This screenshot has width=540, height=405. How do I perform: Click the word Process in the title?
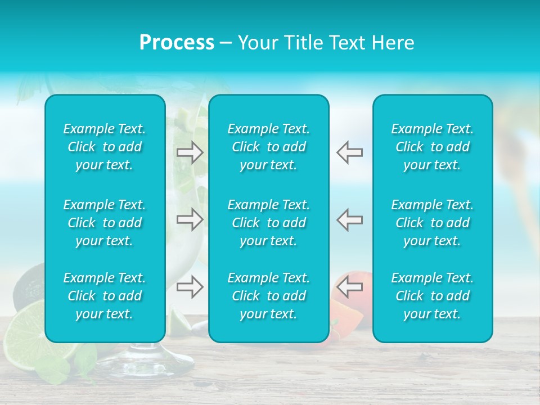177,43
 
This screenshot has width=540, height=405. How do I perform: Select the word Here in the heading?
393,43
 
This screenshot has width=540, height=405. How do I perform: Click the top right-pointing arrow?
190,152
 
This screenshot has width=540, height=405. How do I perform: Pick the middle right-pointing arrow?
190,219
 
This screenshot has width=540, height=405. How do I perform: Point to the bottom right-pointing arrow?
190,287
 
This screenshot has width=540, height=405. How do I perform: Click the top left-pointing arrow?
349,152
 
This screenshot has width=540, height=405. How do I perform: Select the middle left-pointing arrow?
349,219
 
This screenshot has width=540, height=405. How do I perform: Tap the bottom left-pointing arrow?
349,287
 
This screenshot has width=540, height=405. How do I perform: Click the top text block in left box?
105,147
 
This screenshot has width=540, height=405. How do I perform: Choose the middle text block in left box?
105,223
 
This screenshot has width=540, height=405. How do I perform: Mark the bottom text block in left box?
105,296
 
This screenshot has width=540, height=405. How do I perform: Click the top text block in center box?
269,147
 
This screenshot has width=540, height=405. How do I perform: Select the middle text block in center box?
269,223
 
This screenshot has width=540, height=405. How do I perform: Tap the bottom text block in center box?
269,296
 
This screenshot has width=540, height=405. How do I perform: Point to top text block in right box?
433,147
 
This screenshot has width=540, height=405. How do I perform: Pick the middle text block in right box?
433,223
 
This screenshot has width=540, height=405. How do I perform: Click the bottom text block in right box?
433,296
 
